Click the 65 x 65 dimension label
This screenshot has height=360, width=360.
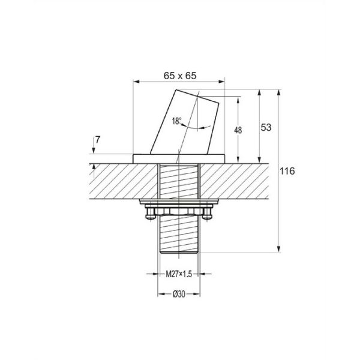point(180,76)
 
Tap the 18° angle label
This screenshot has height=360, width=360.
point(176,121)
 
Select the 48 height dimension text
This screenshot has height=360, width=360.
point(238,130)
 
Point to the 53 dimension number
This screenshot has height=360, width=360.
point(266,127)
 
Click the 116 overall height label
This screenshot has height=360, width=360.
point(287,171)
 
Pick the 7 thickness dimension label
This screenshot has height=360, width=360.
point(98,140)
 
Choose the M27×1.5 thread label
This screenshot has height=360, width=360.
point(179,274)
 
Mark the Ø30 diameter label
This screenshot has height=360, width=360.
point(179,294)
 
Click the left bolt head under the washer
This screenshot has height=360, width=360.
point(151,214)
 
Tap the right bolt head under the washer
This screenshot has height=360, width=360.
point(207,214)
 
